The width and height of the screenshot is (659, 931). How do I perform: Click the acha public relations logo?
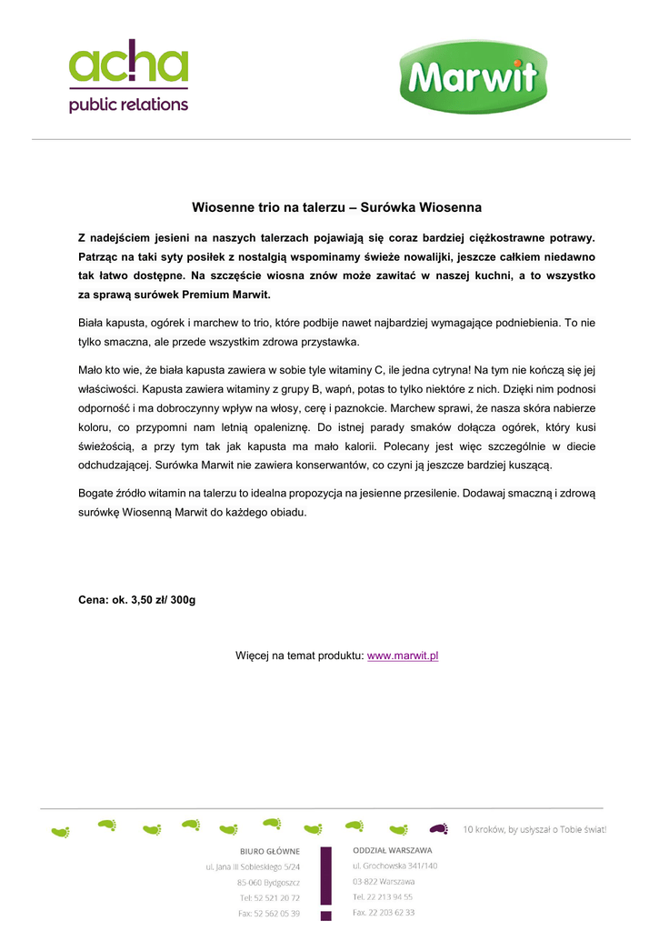[128, 76]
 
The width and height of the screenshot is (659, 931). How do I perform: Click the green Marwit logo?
[473, 77]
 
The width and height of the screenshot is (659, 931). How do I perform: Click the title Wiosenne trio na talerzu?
[336, 208]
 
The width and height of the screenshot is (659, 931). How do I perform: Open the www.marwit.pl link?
[403, 656]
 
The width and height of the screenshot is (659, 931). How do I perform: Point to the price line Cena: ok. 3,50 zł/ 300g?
[137, 600]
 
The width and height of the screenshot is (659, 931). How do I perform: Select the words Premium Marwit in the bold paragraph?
[225, 295]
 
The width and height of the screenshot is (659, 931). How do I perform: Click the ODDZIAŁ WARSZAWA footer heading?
[393, 850]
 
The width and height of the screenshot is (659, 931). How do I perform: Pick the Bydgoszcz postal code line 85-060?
[268, 883]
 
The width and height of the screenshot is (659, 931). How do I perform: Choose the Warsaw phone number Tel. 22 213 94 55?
[383, 896]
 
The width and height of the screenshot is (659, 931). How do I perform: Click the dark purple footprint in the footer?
[439, 828]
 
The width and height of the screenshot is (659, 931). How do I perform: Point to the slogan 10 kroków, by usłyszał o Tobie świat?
[534, 829]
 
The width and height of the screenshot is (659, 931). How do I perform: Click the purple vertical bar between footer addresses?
[325, 882]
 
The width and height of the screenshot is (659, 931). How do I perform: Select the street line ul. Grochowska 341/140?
[394, 866]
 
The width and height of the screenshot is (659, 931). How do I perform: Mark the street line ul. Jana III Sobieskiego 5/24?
[253, 867]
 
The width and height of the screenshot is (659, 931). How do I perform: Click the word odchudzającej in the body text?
[115, 465]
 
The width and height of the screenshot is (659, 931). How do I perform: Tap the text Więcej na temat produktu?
[299, 656]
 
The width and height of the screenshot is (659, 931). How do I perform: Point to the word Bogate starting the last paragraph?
[99, 493]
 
